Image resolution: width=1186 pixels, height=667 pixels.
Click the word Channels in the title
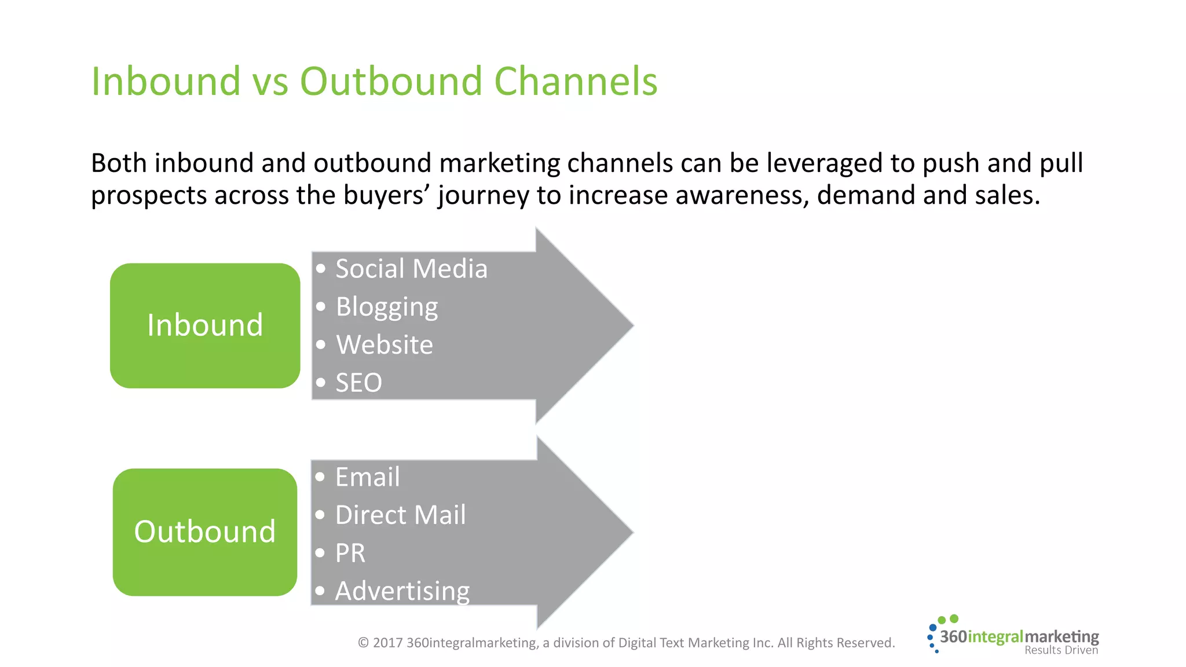point(576,81)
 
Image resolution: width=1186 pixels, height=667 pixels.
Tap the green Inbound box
point(205,325)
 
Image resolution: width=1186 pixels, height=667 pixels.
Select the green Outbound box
point(205,532)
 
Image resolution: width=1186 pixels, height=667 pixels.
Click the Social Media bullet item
point(411,269)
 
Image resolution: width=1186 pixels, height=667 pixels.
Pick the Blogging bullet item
point(386,307)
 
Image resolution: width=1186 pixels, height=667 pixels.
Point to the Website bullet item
point(384,345)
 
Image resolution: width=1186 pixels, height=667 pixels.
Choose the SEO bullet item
point(358,383)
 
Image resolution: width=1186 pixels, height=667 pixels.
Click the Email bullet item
point(367,478)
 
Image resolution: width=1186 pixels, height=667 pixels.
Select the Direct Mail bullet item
point(400,515)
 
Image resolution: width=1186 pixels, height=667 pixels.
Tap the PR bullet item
point(350,553)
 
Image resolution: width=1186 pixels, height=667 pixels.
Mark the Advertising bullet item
point(402,591)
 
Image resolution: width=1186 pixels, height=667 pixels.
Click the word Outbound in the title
point(391,81)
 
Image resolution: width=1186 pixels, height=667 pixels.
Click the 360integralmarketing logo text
point(1019,637)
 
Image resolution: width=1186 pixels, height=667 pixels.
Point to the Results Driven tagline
point(1061,650)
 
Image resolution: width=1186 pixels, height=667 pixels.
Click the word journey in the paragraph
point(483,196)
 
